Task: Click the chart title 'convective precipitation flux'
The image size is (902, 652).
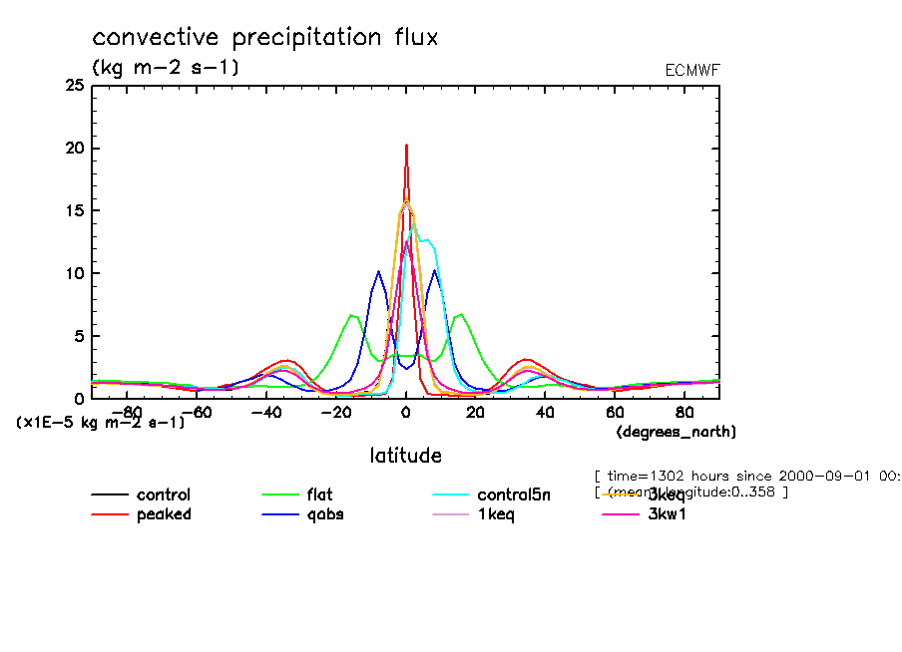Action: tap(264, 38)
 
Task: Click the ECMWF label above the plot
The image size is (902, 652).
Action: tap(691, 70)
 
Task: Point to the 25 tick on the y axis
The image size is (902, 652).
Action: tap(74, 86)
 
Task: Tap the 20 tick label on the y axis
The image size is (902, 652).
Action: tap(74, 149)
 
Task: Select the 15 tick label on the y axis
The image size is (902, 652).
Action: tap(74, 210)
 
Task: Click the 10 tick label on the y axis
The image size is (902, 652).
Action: tap(74, 273)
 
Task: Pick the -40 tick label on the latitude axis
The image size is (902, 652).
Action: tap(263, 412)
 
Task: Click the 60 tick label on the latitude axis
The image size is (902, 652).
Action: tap(614, 412)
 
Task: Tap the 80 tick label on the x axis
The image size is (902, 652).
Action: tap(683, 412)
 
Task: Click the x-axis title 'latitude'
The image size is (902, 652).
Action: tap(405, 456)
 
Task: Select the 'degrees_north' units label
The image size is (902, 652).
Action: tap(676, 432)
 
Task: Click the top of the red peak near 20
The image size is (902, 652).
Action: tap(406, 146)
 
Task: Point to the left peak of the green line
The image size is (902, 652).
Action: tap(352, 315)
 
